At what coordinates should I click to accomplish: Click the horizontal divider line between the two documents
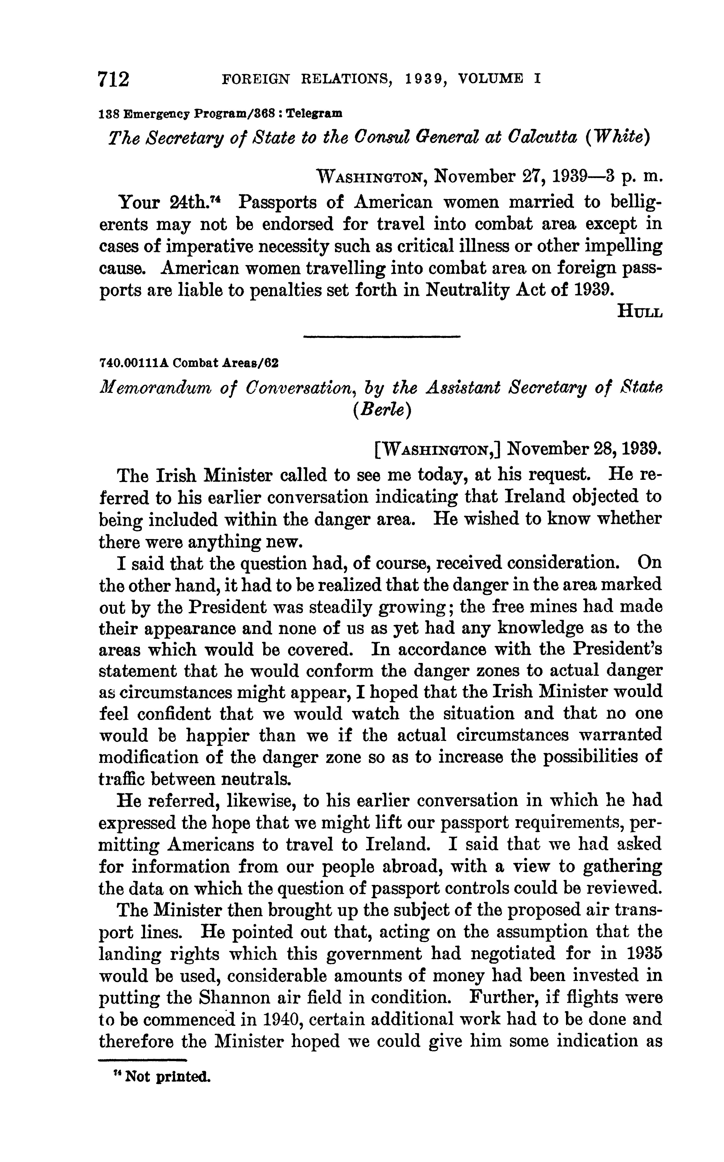click(382, 337)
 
